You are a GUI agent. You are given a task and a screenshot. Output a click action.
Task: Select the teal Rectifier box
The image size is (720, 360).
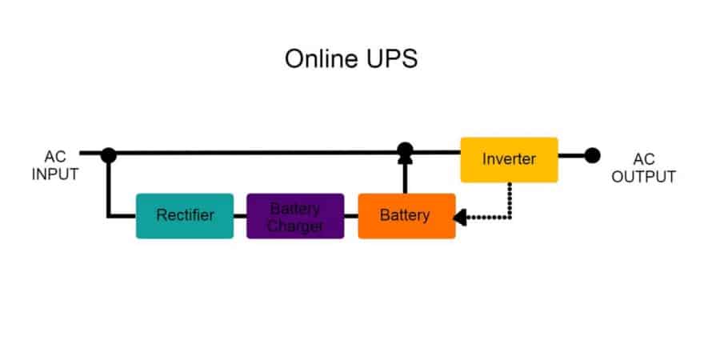pos(185,215)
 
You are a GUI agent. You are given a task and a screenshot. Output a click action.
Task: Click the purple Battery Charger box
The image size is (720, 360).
pos(295,216)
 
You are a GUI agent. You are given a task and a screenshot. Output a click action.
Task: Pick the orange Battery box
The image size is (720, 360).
pos(406,215)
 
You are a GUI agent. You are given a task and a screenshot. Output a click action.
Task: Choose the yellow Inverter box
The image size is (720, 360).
pos(509,159)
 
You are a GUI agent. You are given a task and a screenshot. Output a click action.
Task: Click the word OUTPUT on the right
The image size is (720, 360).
pos(643,177)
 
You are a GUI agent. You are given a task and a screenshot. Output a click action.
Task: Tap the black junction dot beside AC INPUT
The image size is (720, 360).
pos(109,155)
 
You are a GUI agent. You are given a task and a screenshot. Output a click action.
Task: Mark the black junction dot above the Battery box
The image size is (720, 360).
pos(406,149)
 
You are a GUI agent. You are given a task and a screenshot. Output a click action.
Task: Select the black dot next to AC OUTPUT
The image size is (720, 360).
pos(592,155)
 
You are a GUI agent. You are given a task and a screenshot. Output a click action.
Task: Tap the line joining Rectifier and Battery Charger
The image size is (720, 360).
pos(240,216)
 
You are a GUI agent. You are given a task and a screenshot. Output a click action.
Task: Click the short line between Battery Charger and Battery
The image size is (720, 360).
pos(351,216)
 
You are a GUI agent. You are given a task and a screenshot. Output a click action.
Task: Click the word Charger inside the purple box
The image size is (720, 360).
pos(295,226)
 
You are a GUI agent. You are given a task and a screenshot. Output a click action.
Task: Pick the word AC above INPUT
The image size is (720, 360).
pos(55,158)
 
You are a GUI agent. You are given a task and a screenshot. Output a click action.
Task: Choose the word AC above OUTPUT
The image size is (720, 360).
pos(643,160)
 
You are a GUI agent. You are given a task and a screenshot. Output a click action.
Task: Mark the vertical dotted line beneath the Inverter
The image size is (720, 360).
pos(510,198)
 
